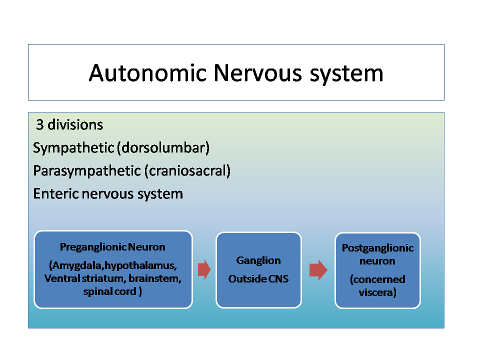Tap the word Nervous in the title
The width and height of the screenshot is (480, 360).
[258, 73]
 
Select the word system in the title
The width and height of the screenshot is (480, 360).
[346, 74]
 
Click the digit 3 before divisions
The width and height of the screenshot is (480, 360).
[40, 124]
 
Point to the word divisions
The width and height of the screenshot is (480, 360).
[75, 124]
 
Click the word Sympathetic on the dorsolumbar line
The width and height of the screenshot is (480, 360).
[73, 148]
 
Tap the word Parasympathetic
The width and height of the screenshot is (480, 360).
[87, 171]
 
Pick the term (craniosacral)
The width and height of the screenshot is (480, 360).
[187, 170]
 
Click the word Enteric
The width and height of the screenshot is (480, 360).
[55, 194]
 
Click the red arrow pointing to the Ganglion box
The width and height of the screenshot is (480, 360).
[204, 269]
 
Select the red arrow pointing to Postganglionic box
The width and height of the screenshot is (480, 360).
[318, 270]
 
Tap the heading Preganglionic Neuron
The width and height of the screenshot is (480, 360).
[112, 246]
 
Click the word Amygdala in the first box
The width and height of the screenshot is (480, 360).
[76, 265]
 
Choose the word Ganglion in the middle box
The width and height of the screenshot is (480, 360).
[258, 260]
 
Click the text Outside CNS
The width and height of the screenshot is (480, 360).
[258, 279]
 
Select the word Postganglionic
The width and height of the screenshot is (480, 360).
[377, 248]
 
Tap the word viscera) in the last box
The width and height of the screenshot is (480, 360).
[377, 292]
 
